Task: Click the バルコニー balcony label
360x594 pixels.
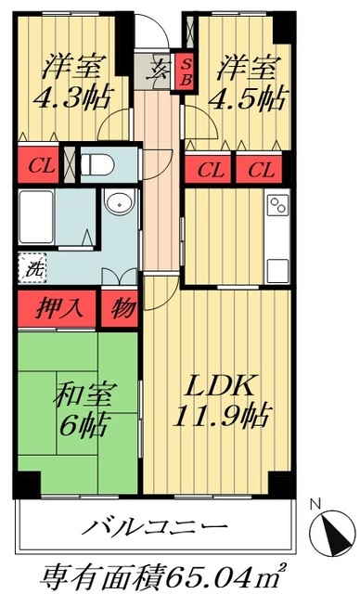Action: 153,528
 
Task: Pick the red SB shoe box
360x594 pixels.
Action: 186,71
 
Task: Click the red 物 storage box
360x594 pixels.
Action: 119,307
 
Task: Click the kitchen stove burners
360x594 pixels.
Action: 276,205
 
